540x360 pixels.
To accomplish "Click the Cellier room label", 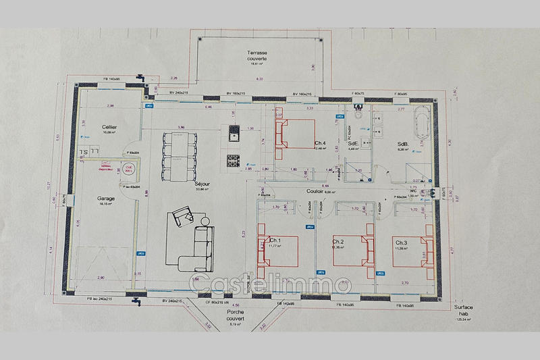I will pyautogui.click(x=110, y=128).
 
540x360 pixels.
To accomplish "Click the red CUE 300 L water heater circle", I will pyautogui.click(x=128, y=169).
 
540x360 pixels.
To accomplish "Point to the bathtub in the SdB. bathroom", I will pyautogui.click(x=424, y=126).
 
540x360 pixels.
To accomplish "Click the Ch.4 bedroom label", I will pyautogui.click(x=321, y=143).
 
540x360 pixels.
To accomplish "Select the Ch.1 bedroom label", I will pyautogui.click(x=275, y=241).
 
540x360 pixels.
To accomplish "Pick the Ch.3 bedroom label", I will pyautogui.click(x=401, y=242).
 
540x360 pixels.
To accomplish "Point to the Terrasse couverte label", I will pyautogui.click(x=256, y=55).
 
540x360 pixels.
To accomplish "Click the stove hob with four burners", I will pyautogui.click(x=233, y=161).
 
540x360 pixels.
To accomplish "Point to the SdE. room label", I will pyautogui.click(x=353, y=143).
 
